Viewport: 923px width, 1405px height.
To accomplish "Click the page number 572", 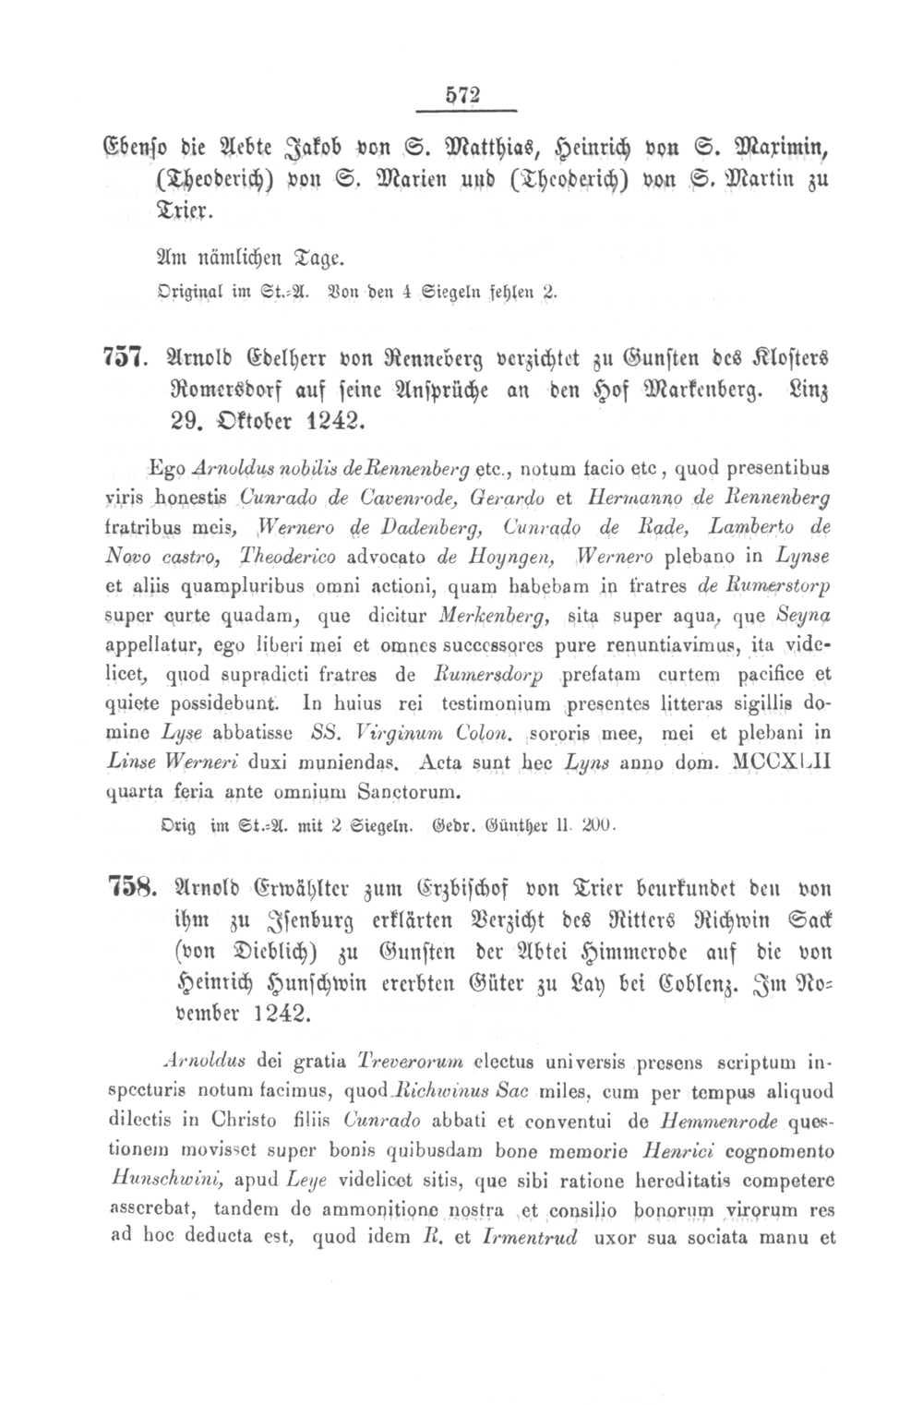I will [463, 94].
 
